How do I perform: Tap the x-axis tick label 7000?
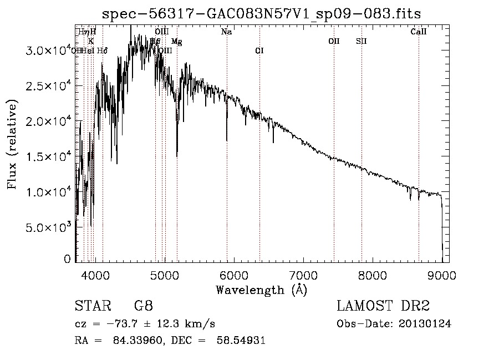304,275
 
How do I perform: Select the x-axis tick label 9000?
442,275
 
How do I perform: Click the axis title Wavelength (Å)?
261,290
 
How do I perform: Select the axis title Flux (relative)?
12,144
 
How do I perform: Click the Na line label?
226,32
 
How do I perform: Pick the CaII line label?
419,32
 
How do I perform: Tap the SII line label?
361,41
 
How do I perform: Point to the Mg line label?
176,42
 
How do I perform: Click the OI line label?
259,51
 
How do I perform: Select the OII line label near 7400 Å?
334,41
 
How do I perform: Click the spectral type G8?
143,307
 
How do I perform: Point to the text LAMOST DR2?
383,307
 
